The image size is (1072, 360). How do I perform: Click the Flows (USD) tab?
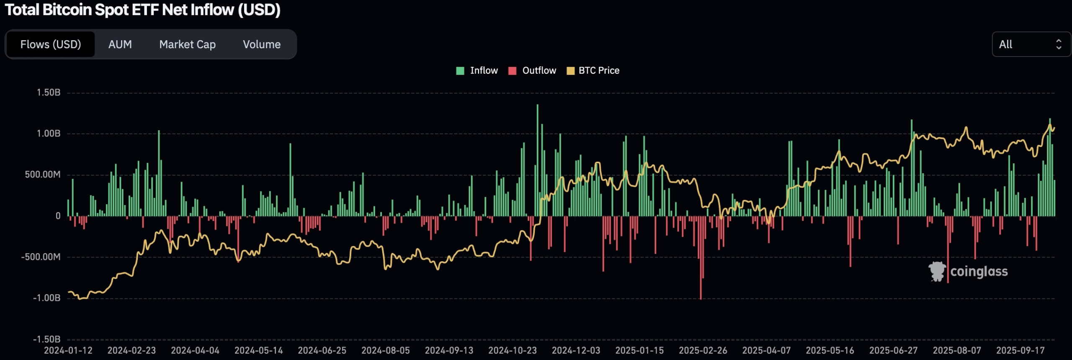coord(51,44)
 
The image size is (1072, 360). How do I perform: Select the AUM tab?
coord(120,44)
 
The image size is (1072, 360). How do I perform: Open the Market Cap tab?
coord(187,44)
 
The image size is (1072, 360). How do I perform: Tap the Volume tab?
coord(262,44)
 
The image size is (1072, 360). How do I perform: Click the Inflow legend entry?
coord(477,71)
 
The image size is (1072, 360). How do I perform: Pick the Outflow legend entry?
coord(533,71)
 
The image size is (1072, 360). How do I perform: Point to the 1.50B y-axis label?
coord(49,93)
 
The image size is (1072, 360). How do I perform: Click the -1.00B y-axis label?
coord(47,298)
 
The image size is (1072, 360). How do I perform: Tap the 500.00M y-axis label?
coord(43,175)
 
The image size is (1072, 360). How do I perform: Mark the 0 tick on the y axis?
coord(58,216)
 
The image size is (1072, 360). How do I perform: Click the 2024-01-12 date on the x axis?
coord(68,350)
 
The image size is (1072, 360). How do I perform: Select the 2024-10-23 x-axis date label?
coord(513,350)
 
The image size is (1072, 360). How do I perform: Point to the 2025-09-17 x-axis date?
coord(1020,350)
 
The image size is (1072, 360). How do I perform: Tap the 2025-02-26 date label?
coord(703,350)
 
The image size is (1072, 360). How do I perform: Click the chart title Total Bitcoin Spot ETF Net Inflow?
coord(142,10)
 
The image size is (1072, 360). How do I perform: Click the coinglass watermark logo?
coord(968,272)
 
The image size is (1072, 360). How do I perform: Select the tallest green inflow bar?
coord(538,159)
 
